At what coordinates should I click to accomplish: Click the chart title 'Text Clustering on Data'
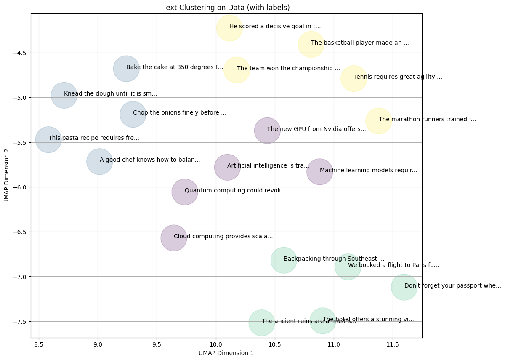[x=226, y=8]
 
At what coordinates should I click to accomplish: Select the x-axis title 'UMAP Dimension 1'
[x=226, y=353]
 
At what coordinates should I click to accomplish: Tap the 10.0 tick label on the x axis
[x=216, y=344]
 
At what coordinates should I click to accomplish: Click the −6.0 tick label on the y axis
[x=19, y=187]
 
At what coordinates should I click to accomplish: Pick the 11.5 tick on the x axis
[x=393, y=344]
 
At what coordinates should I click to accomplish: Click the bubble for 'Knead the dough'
[x=64, y=95]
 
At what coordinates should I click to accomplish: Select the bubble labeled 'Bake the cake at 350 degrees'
[x=126, y=69]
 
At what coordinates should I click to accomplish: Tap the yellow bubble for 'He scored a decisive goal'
[x=229, y=28]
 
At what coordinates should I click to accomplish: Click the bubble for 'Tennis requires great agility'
[x=353, y=78]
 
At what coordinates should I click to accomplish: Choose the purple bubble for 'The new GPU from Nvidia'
[x=267, y=131]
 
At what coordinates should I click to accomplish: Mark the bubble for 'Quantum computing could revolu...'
[x=185, y=192]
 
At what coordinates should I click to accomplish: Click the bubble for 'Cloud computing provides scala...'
[x=173, y=238]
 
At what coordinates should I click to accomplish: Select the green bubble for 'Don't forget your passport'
[x=404, y=287]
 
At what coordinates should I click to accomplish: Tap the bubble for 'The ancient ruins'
[x=261, y=323]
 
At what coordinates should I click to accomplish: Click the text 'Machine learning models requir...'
[x=368, y=171]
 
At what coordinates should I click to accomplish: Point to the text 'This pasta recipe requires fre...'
[x=93, y=138]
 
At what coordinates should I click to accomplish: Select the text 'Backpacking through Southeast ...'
[x=334, y=259]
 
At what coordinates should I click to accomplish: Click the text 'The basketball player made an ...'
[x=360, y=43]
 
